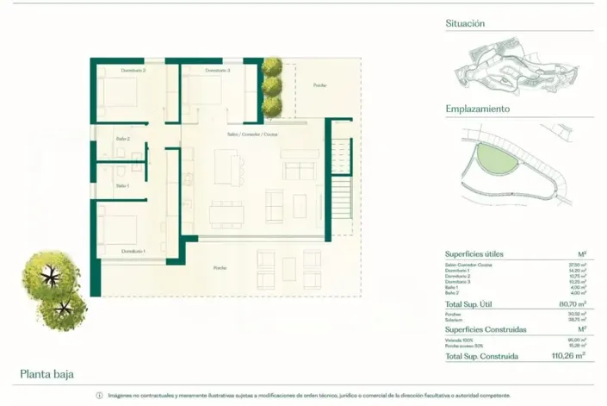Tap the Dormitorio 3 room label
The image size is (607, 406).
click(217, 70)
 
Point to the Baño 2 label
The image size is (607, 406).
click(123, 139)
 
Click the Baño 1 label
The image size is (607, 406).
click(123, 185)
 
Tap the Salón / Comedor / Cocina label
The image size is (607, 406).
click(252, 134)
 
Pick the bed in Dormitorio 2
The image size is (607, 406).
click(119, 93)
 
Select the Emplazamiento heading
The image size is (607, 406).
click(478, 109)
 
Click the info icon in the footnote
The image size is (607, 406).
click(99, 396)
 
